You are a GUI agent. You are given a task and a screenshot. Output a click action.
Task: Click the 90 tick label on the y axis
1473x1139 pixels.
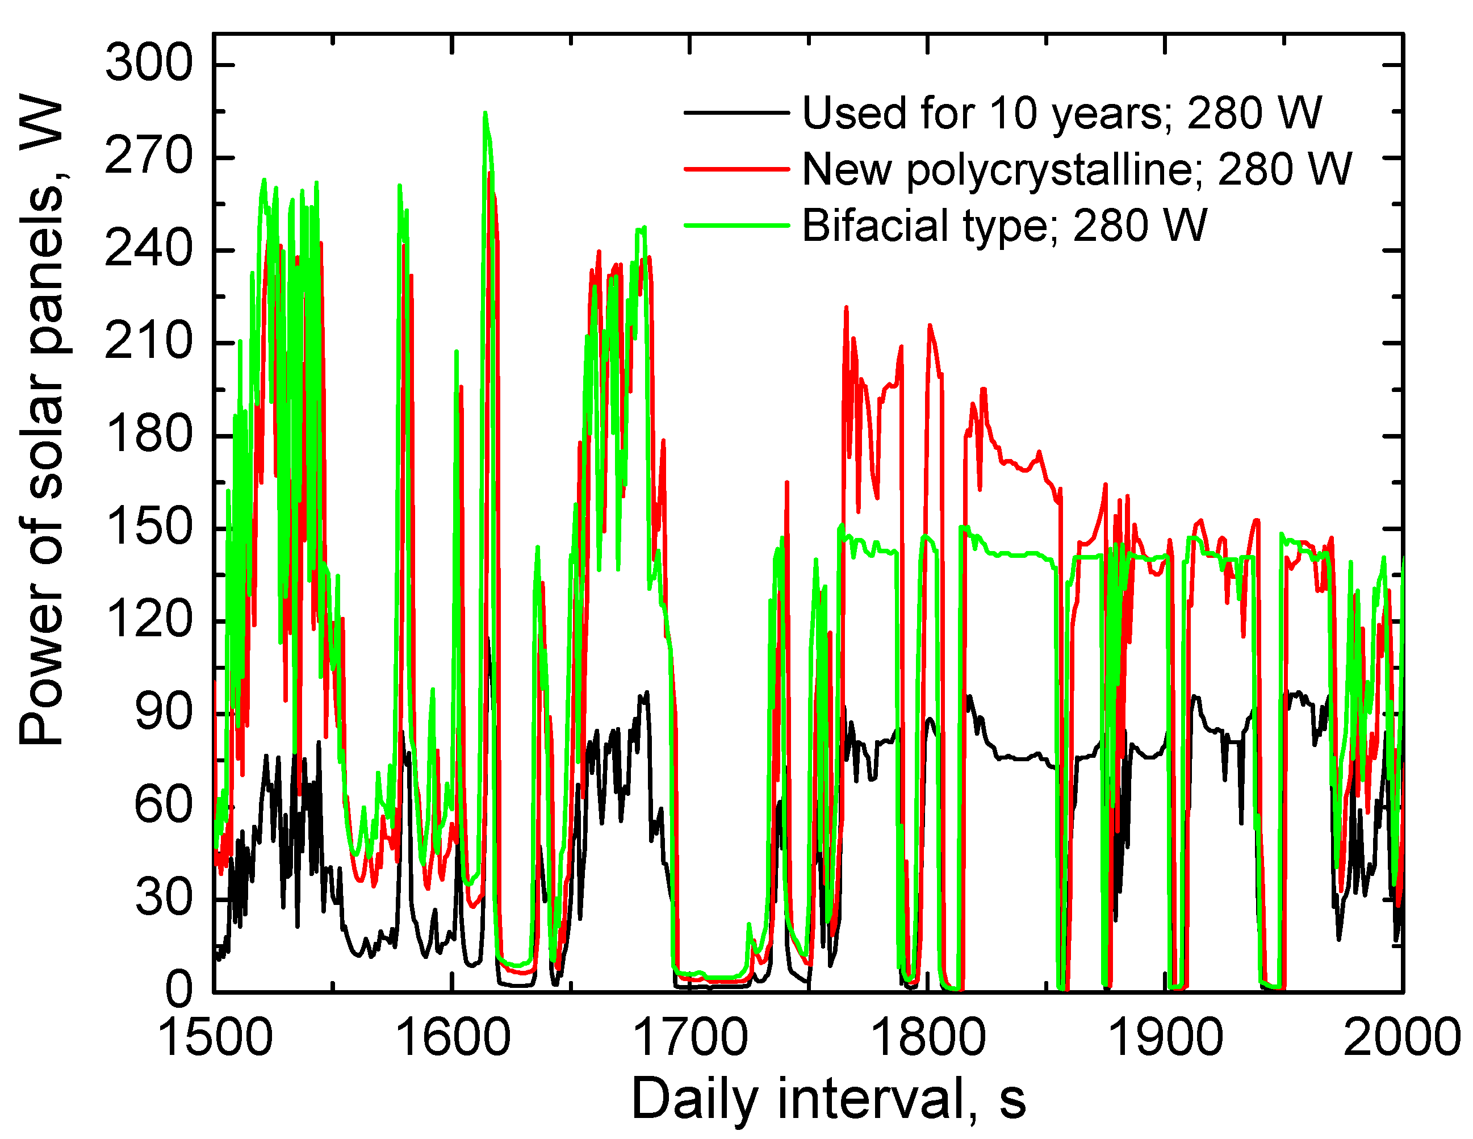tap(164, 712)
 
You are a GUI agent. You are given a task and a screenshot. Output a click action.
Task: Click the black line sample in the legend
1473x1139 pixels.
tap(736, 112)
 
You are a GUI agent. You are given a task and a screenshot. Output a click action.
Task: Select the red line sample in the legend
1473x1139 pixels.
tap(736, 169)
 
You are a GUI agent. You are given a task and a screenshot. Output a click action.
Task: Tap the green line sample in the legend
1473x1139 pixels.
tap(736, 225)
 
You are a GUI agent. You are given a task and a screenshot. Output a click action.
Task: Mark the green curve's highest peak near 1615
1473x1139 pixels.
tap(484, 114)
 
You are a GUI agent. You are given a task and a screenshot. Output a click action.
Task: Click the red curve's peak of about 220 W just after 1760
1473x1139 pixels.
tap(846, 308)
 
